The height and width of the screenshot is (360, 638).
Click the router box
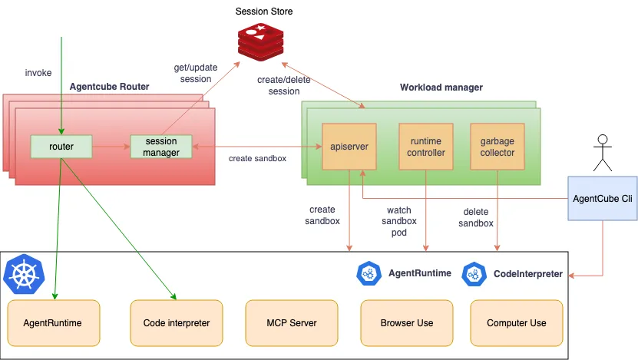tap(61, 146)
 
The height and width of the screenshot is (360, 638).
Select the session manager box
tap(160, 147)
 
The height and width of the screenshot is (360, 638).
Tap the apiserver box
tap(349, 147)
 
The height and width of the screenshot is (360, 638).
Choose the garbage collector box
tap(498, 147)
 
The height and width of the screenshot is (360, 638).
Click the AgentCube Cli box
tap(602, 198)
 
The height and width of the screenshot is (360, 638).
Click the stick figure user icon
tap(603, 152)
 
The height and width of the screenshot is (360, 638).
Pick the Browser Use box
tap(406, 322)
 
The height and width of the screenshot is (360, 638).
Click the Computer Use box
tap(516, 322)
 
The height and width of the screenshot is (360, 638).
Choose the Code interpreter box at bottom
tap(177, 322)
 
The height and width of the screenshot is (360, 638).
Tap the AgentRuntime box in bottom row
tap(53, 322)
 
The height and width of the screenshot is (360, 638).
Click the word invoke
tap(38, 73)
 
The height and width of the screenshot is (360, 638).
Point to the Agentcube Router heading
tap(109, 87)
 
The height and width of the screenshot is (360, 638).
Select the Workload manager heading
tap(441, 88)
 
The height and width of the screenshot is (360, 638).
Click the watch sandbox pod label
tap(399, 220)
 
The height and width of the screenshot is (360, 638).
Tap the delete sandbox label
tap(476, 217)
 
